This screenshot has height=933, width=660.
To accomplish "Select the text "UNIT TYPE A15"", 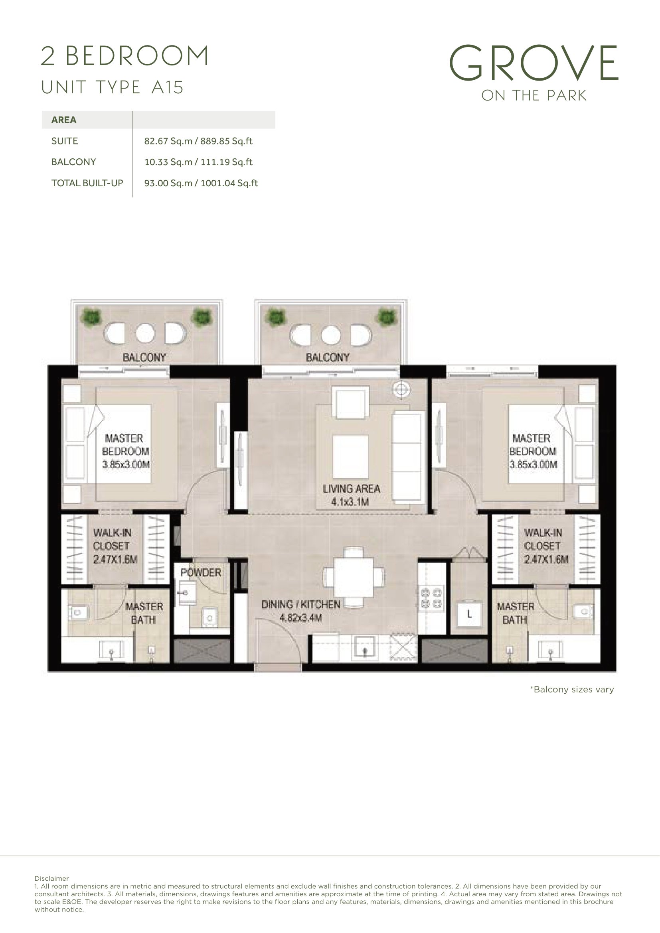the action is coord(113,87).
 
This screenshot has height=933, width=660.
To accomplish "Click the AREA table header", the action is coord(64,120).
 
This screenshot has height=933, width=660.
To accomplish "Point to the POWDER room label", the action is coord(201,572).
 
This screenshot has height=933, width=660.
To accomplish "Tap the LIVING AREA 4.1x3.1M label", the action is coord(351,495).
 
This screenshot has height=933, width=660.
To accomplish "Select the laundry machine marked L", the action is coord(469,614).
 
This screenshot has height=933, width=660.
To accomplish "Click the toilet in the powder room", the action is coord(209,617).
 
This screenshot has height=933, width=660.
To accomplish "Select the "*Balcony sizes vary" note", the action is coord(572,689).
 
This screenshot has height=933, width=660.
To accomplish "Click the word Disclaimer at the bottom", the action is coord(51,878).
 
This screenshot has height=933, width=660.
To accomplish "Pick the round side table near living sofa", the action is coord(401,390).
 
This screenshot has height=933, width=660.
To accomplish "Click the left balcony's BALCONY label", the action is coord(144,357).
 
